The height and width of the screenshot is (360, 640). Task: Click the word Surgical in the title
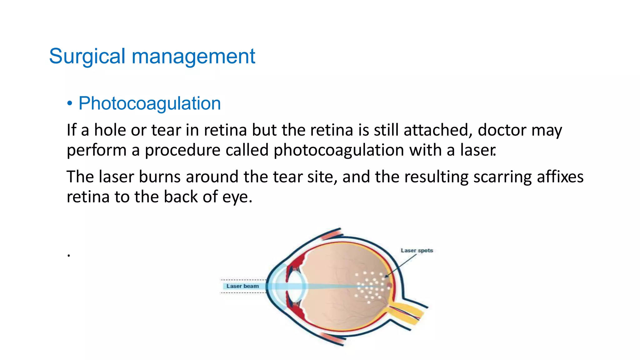click(x=87, y=57)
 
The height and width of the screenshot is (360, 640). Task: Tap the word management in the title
click(x=193, y=57)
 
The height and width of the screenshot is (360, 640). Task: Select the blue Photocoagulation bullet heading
click(x=149, y=103)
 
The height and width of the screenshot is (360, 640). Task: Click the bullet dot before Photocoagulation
click(x=70, y=103)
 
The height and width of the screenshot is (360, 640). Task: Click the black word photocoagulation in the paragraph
click(x=339, y=150)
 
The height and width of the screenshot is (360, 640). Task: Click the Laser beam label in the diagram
click(x=242, y=286)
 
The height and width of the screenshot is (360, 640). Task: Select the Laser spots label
click(x=417, y=251)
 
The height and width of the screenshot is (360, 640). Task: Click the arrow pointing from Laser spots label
click(x=402, y=265)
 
